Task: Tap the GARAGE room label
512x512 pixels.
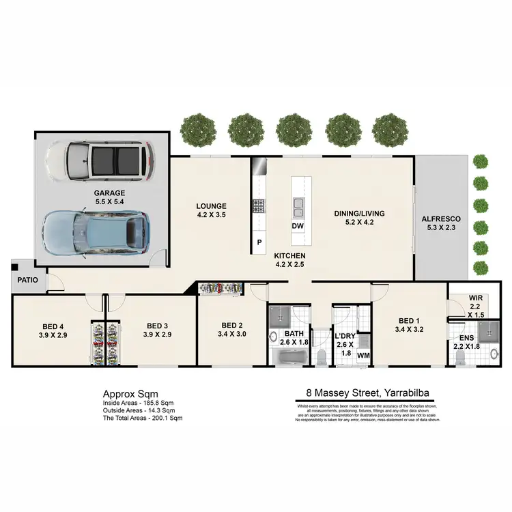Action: click(x=109, y=193)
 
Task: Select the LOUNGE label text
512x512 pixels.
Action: click(x=211, y=206)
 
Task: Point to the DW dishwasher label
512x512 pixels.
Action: click(x=298, y=227)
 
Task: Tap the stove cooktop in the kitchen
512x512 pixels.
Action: click(x=259, y=206)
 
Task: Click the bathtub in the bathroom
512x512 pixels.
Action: click(x=289, y=356)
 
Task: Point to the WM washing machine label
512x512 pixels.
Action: click(x=364, y=356)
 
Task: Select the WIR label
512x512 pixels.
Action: click(x=476, y=298)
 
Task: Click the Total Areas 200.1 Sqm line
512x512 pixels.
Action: click(x=143, y=417)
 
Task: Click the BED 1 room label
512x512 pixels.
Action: click(x=408, y=321)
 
